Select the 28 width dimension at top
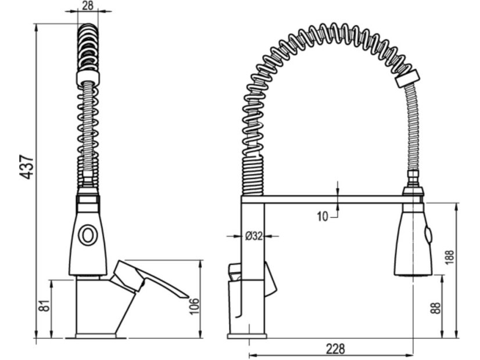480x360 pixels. [88, 5]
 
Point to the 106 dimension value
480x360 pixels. [194, 306]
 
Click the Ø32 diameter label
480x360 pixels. [254, 236]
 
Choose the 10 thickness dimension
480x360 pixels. [323, 217]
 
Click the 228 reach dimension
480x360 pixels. [335, 348]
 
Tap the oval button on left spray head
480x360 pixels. [88, 235]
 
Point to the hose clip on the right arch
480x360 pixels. [407, 78]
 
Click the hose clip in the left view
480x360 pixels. [88, 78]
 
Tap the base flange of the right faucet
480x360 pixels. [246, 336]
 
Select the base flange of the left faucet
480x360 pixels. [96, 336]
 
